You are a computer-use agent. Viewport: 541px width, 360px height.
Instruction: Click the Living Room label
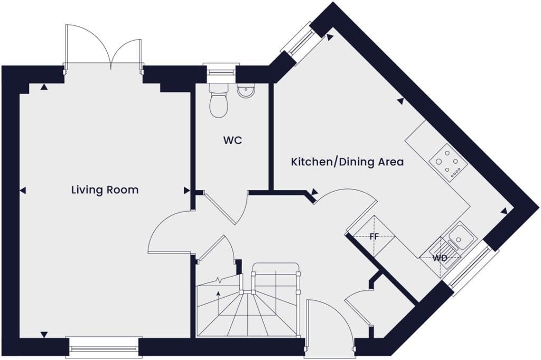pyautogui.click(x=105, y=190)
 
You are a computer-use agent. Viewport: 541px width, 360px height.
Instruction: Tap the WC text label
pyautogui.click(x=232, y=141)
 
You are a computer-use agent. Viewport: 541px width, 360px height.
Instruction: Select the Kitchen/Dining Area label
pyautogui.click(x=347, y=162)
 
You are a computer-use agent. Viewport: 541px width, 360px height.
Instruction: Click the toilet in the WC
pyautogui.click(x=218, y=102)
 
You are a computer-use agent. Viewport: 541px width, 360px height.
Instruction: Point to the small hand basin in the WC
pyautogui.click(x=245, y=92)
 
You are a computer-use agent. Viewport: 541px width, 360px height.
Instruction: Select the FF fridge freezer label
pyautogui.click(x=374, y=236)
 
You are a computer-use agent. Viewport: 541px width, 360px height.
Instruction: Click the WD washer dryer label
pyautogui.click(x=440, y=258)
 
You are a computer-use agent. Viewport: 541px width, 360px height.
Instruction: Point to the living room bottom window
pyautogui.click(x=103, y=347)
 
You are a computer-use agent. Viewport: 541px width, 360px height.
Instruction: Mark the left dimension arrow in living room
pyautogui.click(x=23, y=190)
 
